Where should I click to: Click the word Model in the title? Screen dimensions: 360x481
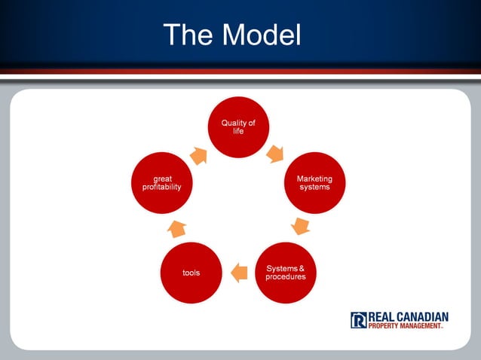260,34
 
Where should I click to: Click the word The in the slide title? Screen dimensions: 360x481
187,34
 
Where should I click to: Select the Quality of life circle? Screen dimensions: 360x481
238,127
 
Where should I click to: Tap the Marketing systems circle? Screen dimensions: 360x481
314,183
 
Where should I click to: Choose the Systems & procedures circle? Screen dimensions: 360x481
286,272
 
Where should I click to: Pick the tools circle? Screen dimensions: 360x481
191,272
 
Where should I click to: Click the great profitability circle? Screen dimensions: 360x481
161,183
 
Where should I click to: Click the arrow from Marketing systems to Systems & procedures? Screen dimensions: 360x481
301,226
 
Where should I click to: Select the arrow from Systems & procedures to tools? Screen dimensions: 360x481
239,273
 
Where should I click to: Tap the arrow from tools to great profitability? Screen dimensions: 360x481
176,227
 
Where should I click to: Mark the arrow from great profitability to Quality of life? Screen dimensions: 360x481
199,155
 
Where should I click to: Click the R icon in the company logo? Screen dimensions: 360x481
358,320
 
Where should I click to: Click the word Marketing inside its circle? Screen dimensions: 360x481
314,178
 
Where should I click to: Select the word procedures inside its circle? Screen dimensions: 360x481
286,276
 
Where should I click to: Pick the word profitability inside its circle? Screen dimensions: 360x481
161,187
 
